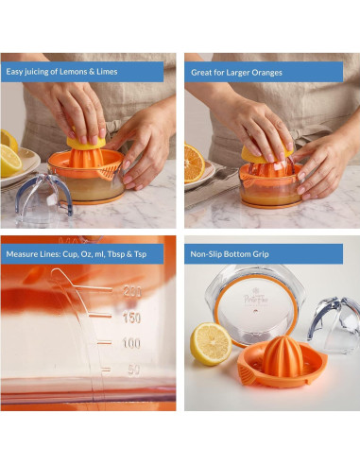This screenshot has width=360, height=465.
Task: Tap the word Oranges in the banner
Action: click(266, 73)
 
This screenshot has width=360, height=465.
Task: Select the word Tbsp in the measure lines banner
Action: click(116, 254)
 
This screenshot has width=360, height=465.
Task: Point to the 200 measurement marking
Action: click(132, 292)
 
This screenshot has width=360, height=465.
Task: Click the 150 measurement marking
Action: click(131, 319)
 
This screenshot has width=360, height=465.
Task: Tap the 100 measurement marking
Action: click(131, 343)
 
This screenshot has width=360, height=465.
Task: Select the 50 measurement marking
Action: click(134, 370)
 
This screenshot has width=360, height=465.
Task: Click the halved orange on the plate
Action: click(194, 164)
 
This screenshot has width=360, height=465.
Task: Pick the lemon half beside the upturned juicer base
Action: click(211, 343)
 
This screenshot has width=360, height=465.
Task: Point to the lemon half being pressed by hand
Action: click(86, 142)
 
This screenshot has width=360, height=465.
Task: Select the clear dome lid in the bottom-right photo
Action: click(334, 324)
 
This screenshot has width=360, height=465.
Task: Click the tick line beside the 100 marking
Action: click(104, 343)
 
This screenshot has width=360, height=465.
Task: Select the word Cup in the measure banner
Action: click(69, 254)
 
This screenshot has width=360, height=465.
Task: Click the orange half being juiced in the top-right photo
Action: click(267, 154)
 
